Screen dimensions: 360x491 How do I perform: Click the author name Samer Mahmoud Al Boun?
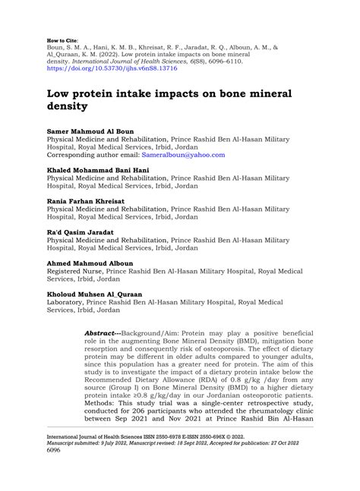click(x=90, y=131)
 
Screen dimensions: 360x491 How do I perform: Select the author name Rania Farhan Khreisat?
click(x=87, y=201)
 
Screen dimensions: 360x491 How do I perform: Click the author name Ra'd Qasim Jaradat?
click(x=81, y=232)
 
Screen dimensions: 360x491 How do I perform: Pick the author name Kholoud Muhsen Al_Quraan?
click(x=94, y=294)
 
